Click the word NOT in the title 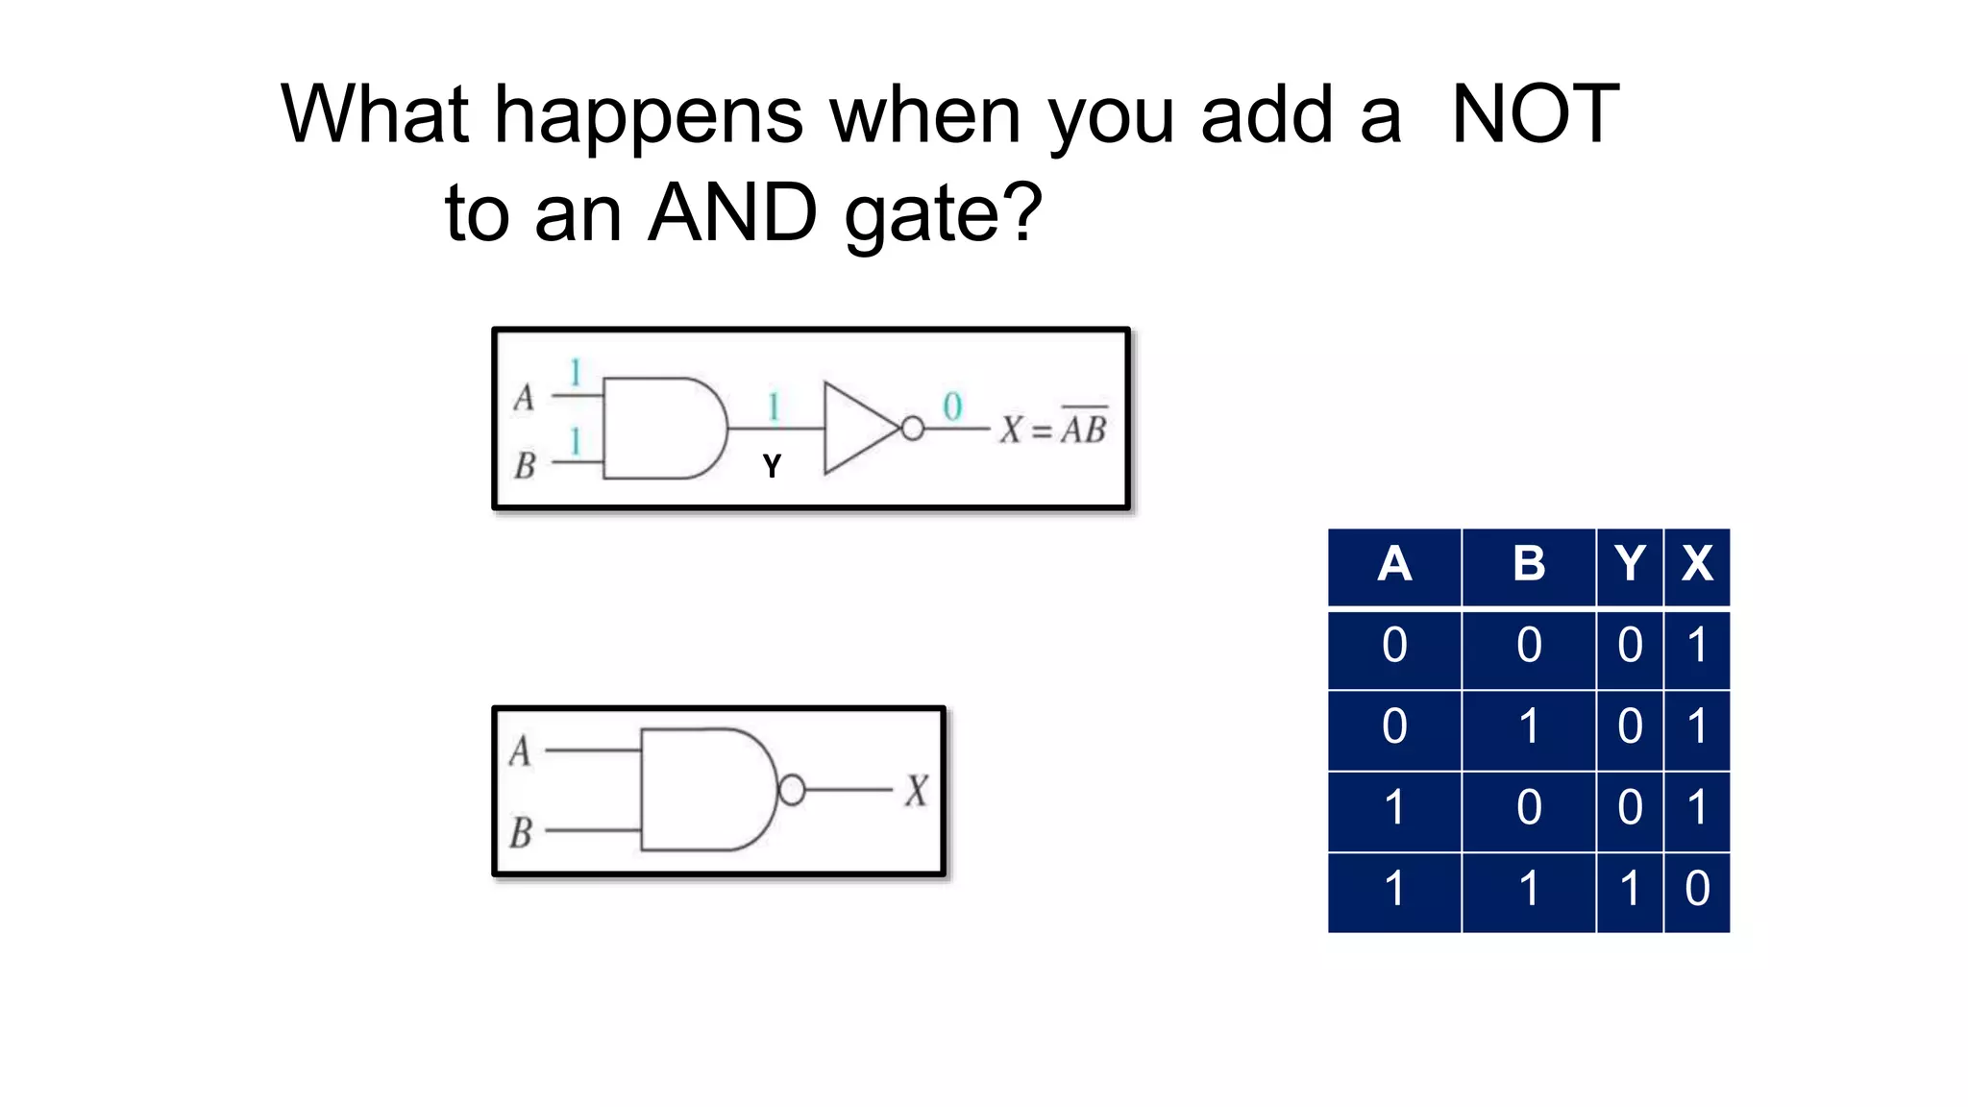[x=1535, y=115]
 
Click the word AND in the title [x=732, y=213]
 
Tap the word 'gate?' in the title [x=943, y=215]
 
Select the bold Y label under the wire [x=772, y=467]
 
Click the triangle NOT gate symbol [x=858, y=429]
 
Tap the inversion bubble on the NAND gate [x=792, y=790]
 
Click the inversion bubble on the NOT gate [x=912, y=429]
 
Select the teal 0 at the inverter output [x=951, y=406]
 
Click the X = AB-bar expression [x=1053, y=429]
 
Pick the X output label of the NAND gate [x=916, y=791]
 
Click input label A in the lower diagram [x=520, y=750]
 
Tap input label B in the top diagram [x=525, y=466]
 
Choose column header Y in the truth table [x=1630, y=564]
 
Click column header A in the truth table [x=1394, y=564]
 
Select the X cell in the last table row [x=1697, y=889]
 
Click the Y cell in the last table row [x=1630, y=889]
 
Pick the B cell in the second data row [x=1529, y=726]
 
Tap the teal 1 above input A [x=575, y=372]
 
